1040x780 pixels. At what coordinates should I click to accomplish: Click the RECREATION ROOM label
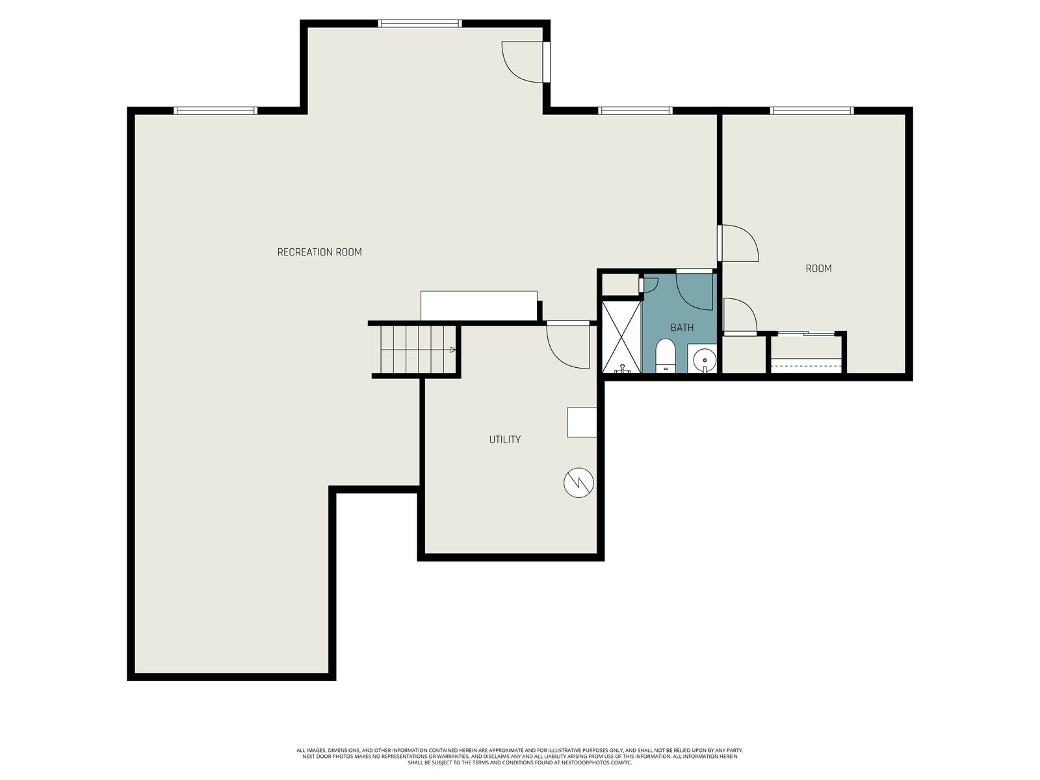coord(319,252)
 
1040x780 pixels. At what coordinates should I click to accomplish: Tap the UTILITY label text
coord(504,439)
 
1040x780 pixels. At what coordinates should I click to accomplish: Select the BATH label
coord(682,327)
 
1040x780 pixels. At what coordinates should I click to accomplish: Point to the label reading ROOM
coord(818,268)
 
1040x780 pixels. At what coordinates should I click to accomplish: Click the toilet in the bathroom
coord(665,356)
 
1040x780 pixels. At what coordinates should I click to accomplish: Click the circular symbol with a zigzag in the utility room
coord(578,482)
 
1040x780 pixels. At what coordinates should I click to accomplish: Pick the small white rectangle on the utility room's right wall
coord(582,422)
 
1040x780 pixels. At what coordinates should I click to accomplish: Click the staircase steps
coord(415,350)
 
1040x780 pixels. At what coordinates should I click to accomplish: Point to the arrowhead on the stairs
coord(452,350)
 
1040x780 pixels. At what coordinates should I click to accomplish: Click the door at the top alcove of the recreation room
coord(525,62)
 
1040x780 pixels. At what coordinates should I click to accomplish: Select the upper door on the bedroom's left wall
coord(738,243)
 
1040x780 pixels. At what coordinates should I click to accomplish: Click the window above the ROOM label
coord(812,110)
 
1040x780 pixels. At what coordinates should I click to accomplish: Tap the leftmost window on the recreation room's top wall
coord(215,110)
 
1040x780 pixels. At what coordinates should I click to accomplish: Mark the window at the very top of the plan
coord(419,23)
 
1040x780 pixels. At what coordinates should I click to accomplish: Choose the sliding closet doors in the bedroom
coord(806,334)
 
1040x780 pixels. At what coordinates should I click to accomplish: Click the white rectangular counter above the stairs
coord(478,306)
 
